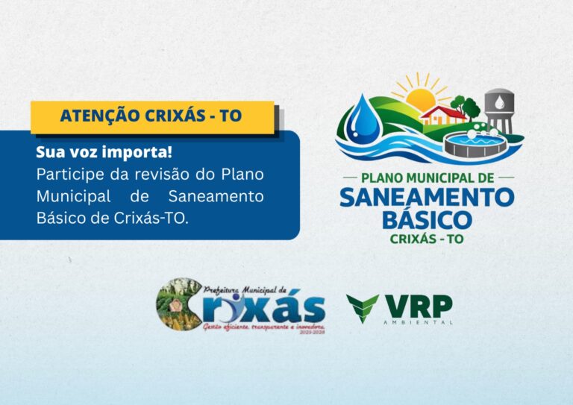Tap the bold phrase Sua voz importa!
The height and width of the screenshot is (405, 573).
104,153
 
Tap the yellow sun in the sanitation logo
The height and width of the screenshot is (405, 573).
419,95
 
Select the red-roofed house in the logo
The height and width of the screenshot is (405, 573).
442,114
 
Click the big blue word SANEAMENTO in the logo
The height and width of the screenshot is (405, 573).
427,197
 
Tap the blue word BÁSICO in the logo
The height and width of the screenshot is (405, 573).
427,219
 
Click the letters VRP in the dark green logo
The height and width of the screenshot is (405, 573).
418,305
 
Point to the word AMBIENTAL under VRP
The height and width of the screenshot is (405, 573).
419,322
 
